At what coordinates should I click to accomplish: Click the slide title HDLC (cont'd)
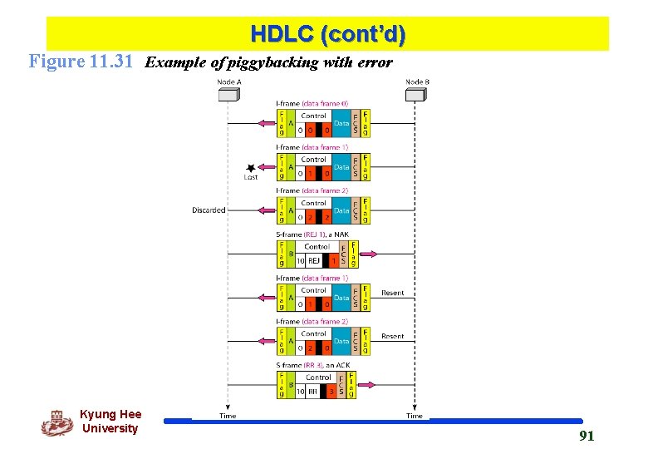point(327,35)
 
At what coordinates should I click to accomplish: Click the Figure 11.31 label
point(81,62)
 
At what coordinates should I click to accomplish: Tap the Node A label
point(228,81)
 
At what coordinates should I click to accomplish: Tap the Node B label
point(417,81)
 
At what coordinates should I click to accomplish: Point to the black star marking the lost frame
point(251,167)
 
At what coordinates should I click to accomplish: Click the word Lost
point(251,177)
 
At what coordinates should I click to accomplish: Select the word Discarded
point(209,210)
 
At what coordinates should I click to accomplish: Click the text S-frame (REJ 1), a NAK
point(313,235)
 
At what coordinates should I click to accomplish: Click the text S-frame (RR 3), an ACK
point(312,365)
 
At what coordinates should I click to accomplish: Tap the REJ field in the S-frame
point(315,261)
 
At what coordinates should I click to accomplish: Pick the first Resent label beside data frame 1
point(392,293)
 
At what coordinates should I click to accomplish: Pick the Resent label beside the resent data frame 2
point(392,337)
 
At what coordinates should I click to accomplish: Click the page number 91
point(586,436)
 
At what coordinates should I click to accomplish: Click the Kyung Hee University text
point(110,422)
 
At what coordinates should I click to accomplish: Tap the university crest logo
point(56,423)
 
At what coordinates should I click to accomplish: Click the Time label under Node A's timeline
point(228,416)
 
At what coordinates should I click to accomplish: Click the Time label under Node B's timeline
point(415,416)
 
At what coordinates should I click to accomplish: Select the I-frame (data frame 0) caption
point(312,103)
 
